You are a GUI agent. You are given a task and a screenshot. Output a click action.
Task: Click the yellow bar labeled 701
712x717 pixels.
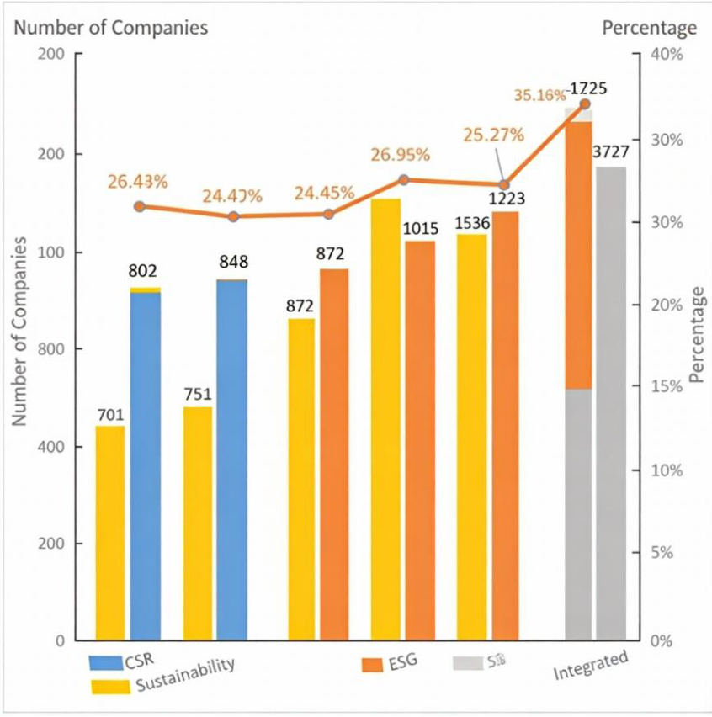point(110,533)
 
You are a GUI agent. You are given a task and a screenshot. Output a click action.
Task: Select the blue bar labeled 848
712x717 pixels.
point(232,459)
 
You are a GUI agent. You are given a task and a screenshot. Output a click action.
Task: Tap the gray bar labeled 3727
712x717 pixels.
point(611,403)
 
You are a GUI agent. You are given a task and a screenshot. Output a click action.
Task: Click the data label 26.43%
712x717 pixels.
point(137,182)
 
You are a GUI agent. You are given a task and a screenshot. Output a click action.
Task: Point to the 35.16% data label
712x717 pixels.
point(539,95)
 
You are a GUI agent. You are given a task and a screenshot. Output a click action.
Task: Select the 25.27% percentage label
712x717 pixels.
point(493,135)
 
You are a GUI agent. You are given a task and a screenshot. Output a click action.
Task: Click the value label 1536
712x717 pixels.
point(472,223)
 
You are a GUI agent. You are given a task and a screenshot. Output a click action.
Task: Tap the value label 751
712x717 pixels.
point(198,395)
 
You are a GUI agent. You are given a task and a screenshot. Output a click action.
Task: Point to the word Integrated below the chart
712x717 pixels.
point(591,666)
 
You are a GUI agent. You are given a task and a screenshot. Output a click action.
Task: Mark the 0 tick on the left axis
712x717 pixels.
point(60,640)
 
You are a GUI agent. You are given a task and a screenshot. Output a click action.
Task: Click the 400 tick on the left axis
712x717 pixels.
point(53,446)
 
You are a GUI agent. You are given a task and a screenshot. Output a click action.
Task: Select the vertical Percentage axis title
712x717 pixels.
point(696,335)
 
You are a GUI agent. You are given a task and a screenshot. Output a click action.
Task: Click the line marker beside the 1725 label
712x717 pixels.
point(585,104)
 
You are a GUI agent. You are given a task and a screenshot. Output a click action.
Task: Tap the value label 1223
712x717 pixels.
point(507,199)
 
